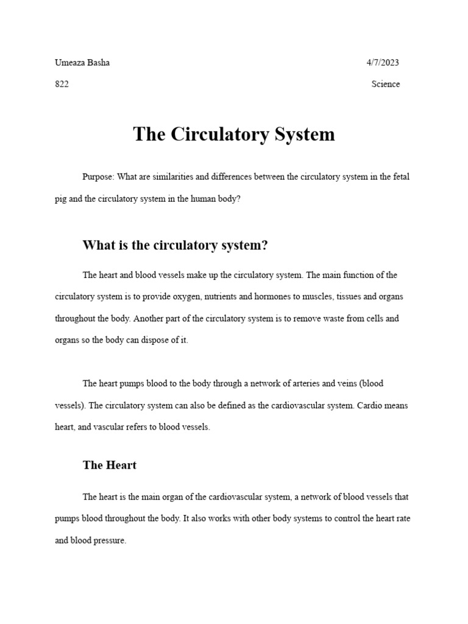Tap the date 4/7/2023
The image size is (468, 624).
pyautogui.click(x=383, y=63)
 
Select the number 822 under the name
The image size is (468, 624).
pyautogui.click(x=62, y=84)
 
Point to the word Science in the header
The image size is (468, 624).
pyautogui.click(x=386, y=84)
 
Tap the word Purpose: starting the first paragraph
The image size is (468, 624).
pyautogui.click(x=98, y=177)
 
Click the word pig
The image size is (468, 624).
pyautogui.click(x=61, y=199)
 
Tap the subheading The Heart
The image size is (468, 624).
pyautogui.click(x=110, y=465)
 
